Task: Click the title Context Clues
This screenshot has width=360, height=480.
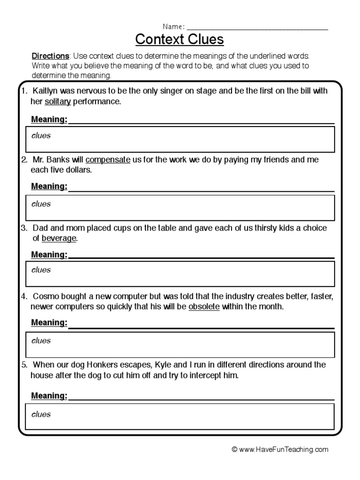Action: pos(180,40)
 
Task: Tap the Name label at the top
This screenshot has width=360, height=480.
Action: pos(172,26)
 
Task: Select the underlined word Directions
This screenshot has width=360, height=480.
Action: pos(50,56)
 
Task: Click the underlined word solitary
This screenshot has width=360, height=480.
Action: pos(57,101)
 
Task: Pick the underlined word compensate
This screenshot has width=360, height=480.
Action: pos(108,160)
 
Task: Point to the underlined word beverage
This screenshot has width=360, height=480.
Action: pos(59,238)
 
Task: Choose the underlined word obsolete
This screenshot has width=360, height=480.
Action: pos(204,307)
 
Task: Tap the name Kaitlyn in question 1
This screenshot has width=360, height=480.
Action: pos(46,91)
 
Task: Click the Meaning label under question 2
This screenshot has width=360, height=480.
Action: pos(49,187)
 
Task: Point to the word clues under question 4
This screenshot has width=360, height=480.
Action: pos(41,341)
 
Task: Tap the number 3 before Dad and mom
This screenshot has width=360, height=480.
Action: pos(23,228)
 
